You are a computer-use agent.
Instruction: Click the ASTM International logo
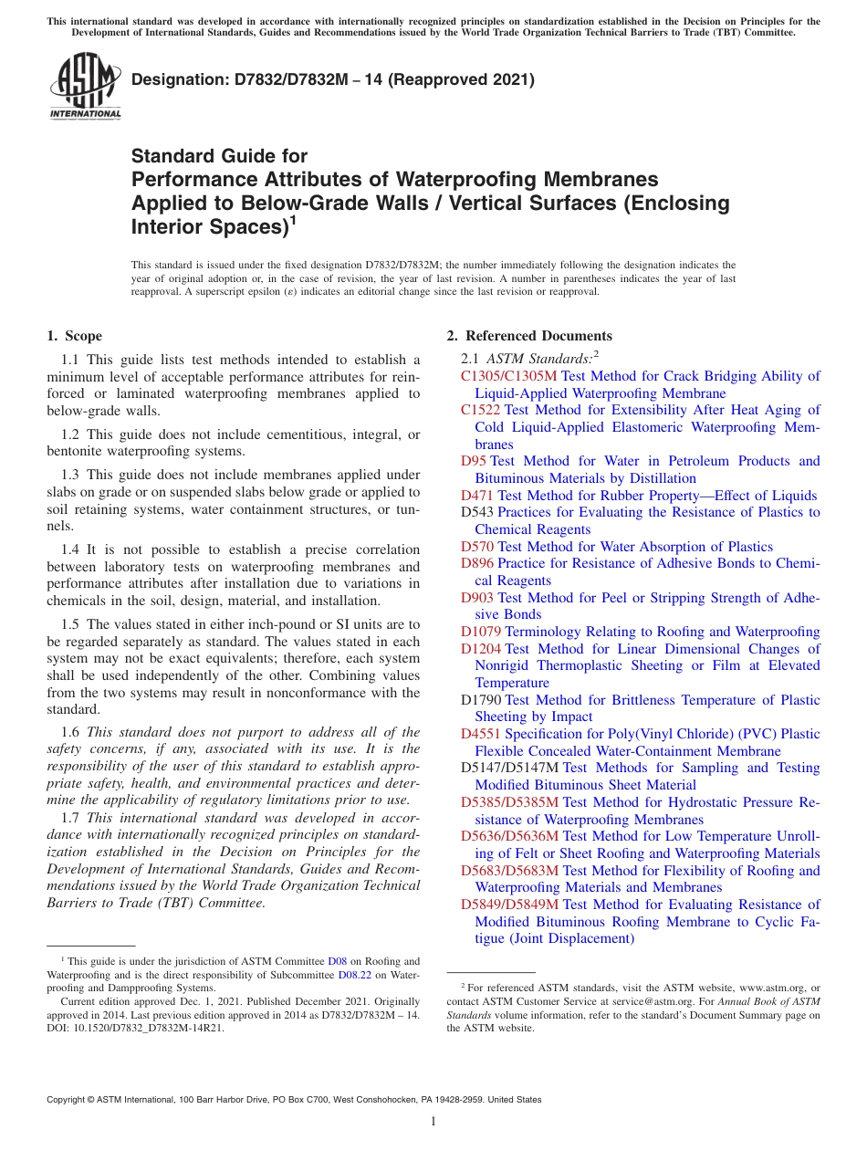[86, 88]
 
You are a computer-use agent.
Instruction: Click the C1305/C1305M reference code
[508, 376]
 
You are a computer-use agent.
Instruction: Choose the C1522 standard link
[480, 410]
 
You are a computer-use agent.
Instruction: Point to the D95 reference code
[473, 461]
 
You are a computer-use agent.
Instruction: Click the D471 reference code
[477, 496]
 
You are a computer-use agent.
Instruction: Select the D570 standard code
[477, 547]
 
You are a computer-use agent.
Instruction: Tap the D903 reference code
[477, 598]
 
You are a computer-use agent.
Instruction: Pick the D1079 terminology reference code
[481, 632]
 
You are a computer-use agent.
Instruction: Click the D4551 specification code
[481, 734]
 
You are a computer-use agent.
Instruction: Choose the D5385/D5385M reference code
[509, 802]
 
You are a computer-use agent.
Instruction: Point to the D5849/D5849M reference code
[509, 905]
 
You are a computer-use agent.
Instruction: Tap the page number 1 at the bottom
[433, 1122]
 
